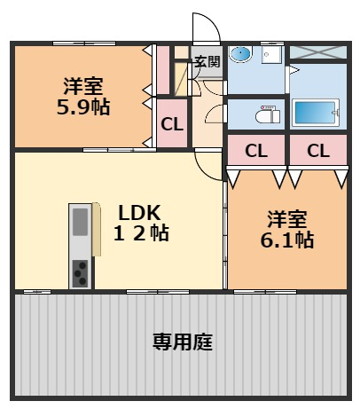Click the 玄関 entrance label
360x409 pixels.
click(207, 61)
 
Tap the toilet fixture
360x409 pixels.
click(268, 114)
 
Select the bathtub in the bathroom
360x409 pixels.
click(316, 113)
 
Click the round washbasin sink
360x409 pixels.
click(240, 54)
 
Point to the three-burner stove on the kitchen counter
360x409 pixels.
click(81, 273)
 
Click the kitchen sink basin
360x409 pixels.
click(81, 222)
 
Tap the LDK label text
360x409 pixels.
click(139, 213)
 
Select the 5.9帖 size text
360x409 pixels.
click(83, 107)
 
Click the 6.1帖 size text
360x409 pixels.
click(287, 240)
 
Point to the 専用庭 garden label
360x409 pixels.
click(183, 342)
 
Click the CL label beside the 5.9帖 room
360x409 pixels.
click(172, 124)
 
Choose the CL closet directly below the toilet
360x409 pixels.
click(256, 151)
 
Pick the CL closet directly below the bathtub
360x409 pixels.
click(318, 151)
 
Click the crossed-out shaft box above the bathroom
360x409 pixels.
click(318, 52)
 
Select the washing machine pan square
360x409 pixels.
click(271, 55)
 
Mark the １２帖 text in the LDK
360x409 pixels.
click(141, 233)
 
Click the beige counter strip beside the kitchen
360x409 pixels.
click(97, 229)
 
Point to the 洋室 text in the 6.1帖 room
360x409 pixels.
click(287, 219)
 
